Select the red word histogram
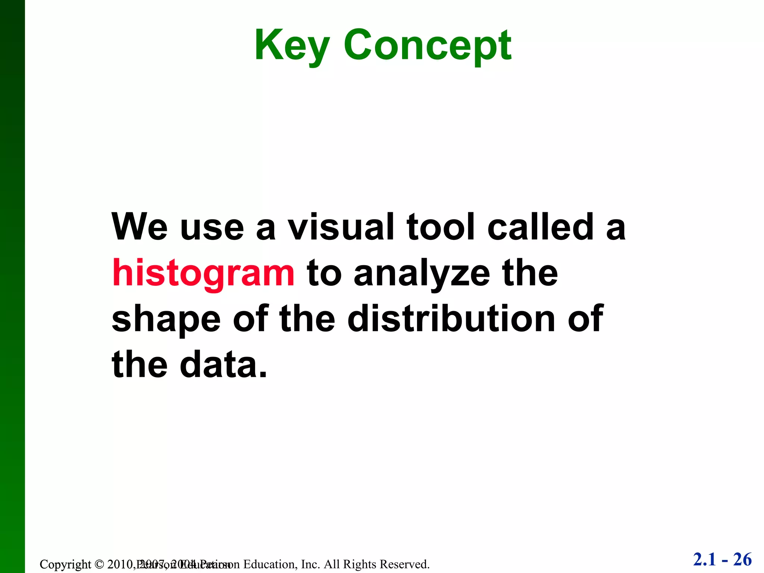coord(203,273)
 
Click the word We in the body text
coord(140,227)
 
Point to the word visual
coord(341,227)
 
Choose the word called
coord(541,227)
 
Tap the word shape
coord(166,320)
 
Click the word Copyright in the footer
coord(65,564)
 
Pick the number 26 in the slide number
coord(742,560)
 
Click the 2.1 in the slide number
coord(705,560)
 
